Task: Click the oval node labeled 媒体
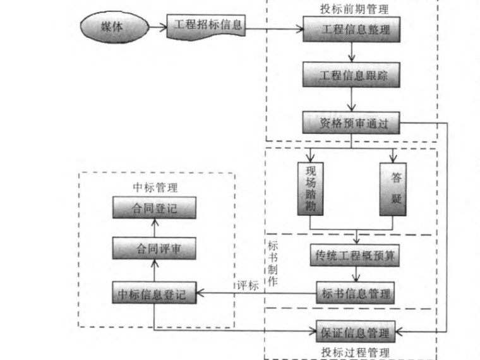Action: tap(112, 28)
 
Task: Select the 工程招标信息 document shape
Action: tap(206, 27)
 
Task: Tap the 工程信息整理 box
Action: tap(352, 29)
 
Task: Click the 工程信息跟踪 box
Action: tap(352, 76)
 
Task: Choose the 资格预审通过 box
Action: tap(352, 124)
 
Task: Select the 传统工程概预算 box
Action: tap(356, 256)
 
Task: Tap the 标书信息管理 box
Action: tap(356, 294)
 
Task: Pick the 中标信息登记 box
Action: tap(153, 294)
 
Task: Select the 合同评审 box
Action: tap(153, 248)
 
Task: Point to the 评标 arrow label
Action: tap(248, 285)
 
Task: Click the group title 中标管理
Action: tap(155, 188)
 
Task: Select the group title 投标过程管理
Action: tap(355, 352)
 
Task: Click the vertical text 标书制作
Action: tap(273, 265)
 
